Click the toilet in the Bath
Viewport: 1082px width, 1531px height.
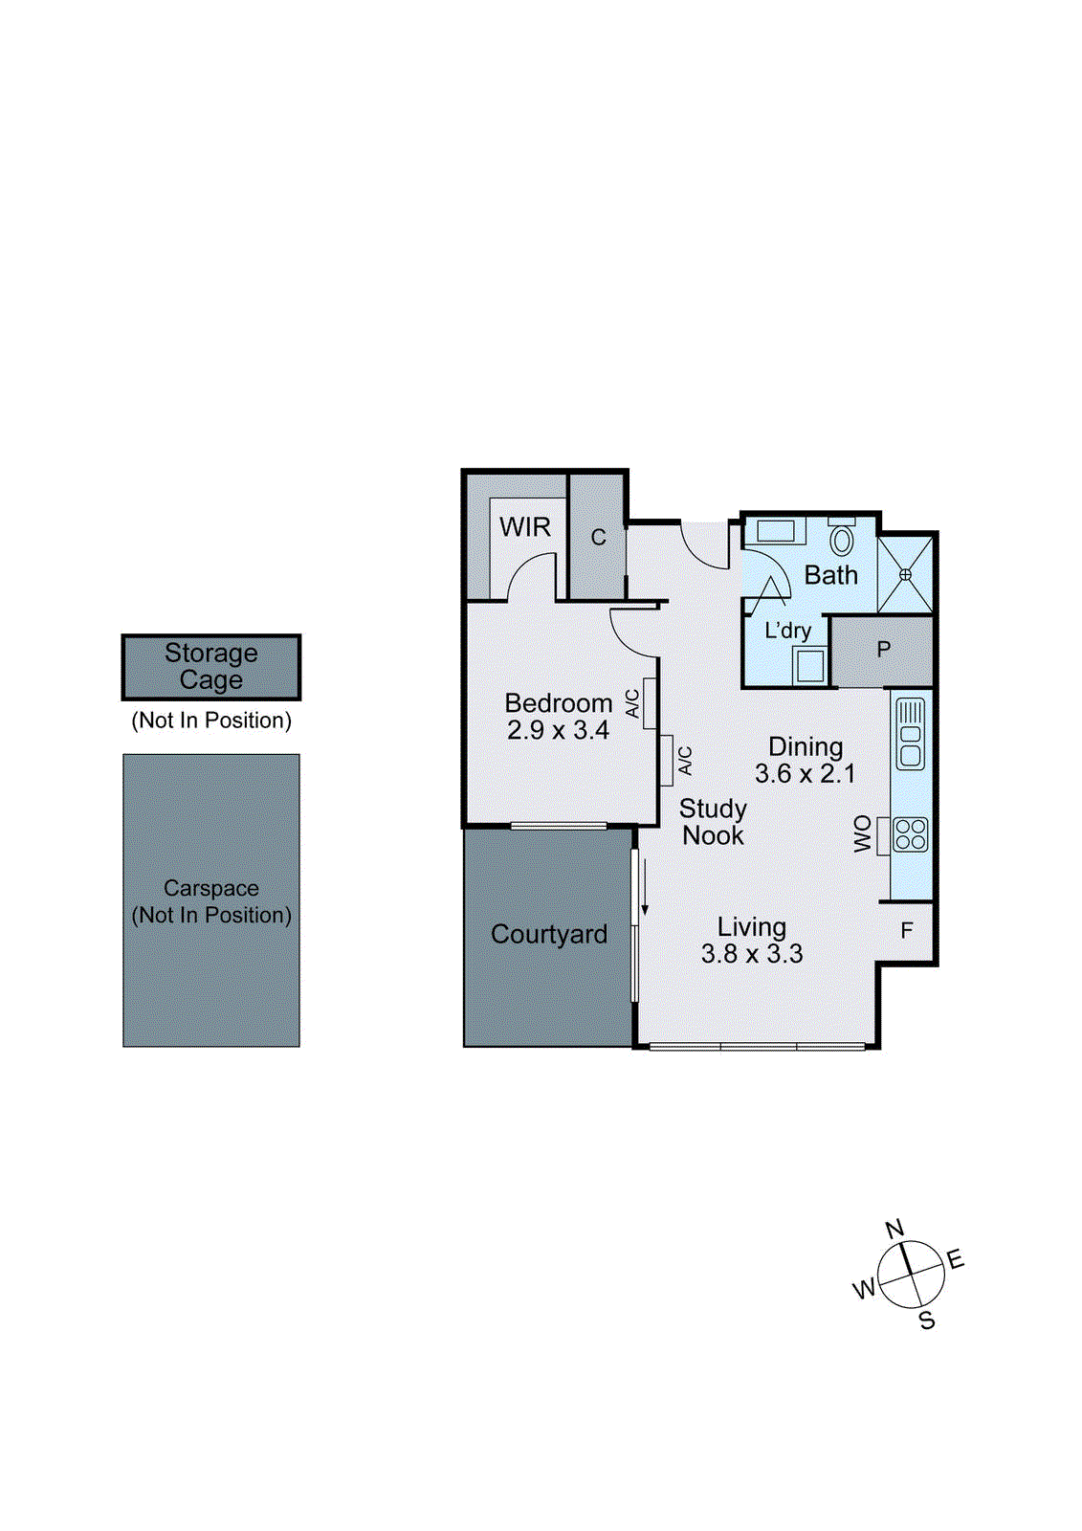pyautogui.click(x=841, y=540)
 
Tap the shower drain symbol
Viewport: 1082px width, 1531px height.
pyautogui.click(x=905, y=574)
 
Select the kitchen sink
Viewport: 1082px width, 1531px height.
pyautogui.click(x=911, y=734)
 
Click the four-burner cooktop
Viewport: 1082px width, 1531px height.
pyautogui.click(x=910, y=834)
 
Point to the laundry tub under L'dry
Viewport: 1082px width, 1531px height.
pyautogui.click(x=810, y=665)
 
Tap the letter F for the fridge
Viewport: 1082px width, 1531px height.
pyautogui.click(x=907, y=930)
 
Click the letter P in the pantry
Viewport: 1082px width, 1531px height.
pyautogui.click(x=884, y=650)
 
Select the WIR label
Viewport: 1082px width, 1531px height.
pyautogui.click(x=525, y=527)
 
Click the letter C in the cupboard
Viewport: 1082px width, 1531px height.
pyautogui.click(x=598, y=538)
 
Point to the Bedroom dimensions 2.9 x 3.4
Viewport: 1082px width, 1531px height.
pyautogui.click(x=558, y=731)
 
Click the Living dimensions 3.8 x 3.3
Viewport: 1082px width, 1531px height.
pyautogui.click(x=751, y=954)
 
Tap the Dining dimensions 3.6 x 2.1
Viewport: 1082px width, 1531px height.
pyautogui.click(x=805, y=774)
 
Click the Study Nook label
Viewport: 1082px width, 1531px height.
pyautogui.click(x=713, y=822)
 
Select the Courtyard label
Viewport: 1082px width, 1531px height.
pyautogui.click(x=549, y=935)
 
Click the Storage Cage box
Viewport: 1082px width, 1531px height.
pyautogui.click(x=211, y=667)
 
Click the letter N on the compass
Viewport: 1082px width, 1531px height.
pyautogui.click(x=894, y=1229)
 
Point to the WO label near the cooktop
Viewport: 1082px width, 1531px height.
pyautogui.click(x=863, y=833)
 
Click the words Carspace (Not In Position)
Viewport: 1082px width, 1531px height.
pyautogui.click(x=211, y=901)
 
